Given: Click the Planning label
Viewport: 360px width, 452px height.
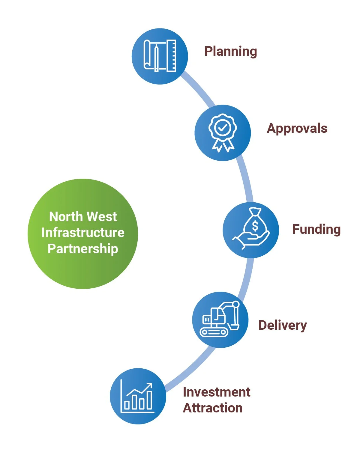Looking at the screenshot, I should pos(230,52).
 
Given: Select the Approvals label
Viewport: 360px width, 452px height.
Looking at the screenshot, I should pos(297,129).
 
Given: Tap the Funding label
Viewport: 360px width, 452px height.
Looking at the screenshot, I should pos(316,229).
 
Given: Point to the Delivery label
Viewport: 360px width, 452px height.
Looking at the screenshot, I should pos(282,325).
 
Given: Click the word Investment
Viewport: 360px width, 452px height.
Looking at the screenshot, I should pos(216,392).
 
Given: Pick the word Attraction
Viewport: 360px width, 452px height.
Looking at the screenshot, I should pos(212,408).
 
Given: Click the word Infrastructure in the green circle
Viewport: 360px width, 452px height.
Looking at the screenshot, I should pos(83,233).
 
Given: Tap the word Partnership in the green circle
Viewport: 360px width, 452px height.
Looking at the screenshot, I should pos(83,249).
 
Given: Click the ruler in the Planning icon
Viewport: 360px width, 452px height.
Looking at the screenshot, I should pos(172,56).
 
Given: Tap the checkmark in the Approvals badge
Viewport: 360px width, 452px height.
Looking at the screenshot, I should pos(223,128).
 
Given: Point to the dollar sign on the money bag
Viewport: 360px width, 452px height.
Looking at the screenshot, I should pos(255,226).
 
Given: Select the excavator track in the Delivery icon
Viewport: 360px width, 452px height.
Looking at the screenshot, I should pos(214,332).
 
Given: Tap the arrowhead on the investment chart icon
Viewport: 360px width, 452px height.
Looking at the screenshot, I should pos(149,386).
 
